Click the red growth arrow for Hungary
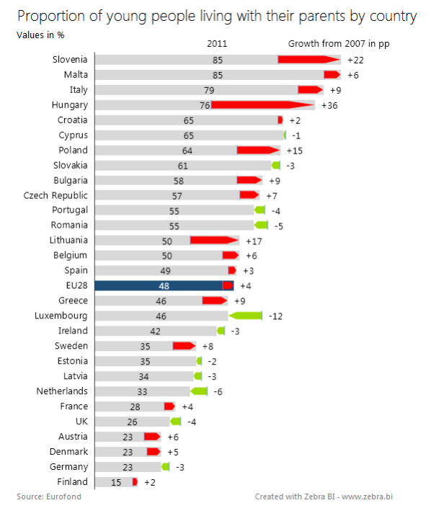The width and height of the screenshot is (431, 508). (x=262, y=105)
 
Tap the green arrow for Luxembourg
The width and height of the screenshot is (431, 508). (x=246, y=316)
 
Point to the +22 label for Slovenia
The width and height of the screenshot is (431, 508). (x=355, y=60)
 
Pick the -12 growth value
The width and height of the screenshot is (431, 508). (x=275, y=316)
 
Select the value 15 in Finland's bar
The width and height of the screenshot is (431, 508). (x=115, y=482)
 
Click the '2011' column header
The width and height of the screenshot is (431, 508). (x=217, y=44)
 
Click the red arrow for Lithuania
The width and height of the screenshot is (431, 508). (x=214, y=241)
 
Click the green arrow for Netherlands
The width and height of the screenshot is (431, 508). (x=199, y=391)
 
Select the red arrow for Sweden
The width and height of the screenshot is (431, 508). (x=184, y=346)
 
